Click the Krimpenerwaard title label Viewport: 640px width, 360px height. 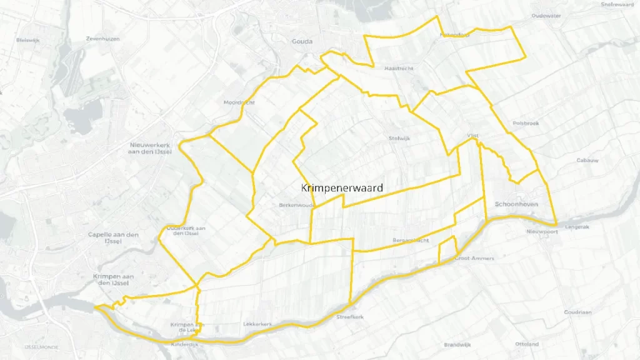click(342, 187)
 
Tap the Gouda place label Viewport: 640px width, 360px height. click(302, 42)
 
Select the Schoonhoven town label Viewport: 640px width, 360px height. click(516, 204)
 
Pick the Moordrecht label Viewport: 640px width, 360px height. click(239, 102)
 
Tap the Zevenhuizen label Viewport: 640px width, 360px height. click(102, 39)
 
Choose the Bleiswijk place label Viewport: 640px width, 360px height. click(27, 40)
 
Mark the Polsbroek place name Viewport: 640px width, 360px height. click(524, 123)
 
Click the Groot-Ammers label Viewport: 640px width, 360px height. click(474, 258)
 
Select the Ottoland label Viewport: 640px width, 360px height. click(527, 344)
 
